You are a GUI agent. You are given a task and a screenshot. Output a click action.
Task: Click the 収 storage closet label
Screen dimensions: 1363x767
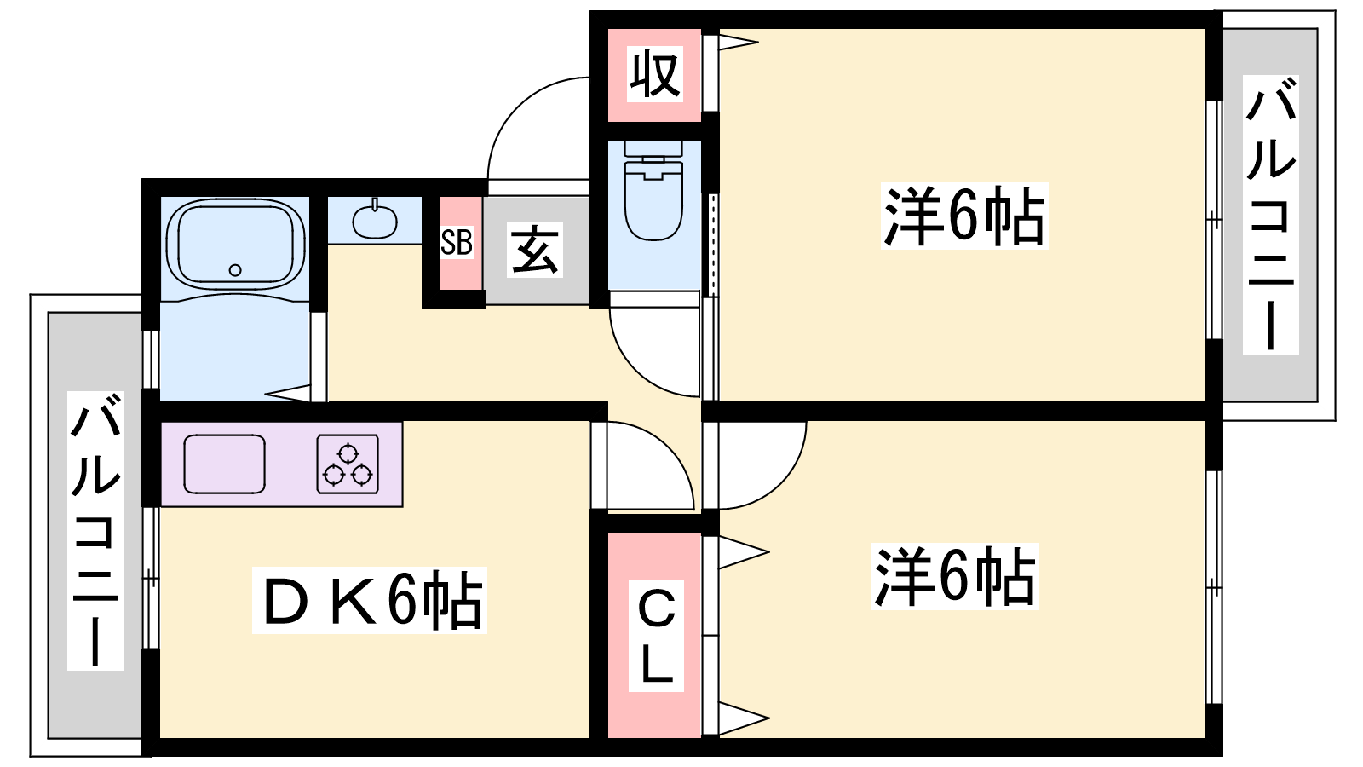click(654, 74)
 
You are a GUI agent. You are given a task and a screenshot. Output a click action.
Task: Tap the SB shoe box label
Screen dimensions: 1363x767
click(457, 243)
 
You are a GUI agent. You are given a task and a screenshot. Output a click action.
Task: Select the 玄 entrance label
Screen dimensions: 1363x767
click(535, 250)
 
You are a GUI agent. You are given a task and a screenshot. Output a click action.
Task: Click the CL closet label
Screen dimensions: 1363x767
click(656, 636)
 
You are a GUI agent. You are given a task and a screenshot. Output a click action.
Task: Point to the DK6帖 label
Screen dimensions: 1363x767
click(370, 600)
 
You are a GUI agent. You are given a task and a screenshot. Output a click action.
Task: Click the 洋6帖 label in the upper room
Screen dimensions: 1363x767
click(963, 216)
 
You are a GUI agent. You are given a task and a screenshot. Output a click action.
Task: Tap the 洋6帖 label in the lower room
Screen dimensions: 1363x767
click(955, 576)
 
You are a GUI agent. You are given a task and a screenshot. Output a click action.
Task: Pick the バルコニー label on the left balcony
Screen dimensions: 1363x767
click(95, 531)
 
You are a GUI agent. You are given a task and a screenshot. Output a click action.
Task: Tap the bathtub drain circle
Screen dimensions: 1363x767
click(235, 270)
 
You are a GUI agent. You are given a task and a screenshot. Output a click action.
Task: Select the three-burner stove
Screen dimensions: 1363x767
click(348, 464)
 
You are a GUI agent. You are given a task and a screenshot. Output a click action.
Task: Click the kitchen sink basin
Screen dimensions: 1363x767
click(225, 464)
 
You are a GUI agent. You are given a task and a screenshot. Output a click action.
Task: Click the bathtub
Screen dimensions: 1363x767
click(235, 244)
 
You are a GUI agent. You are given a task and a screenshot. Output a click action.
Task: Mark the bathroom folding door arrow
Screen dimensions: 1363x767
click(289, 393)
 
